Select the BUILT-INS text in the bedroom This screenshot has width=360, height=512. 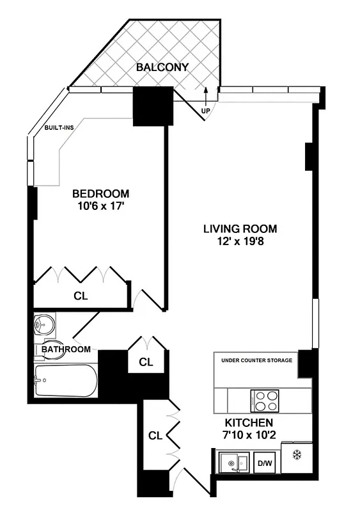(59, 127)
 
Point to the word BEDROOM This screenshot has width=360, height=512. (100, 193)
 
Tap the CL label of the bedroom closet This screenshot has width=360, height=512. (80, 296)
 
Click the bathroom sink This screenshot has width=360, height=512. (43, 325)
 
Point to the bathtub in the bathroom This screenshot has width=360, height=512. (66, 381)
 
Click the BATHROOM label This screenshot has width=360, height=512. (66, 349)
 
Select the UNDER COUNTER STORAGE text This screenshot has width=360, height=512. (256, 360)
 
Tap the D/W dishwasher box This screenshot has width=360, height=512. (263, 462)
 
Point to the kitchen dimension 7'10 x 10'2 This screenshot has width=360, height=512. (249, 436)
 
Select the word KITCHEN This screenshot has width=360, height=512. (249, 423)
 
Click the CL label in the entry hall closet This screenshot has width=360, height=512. (155, 436)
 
